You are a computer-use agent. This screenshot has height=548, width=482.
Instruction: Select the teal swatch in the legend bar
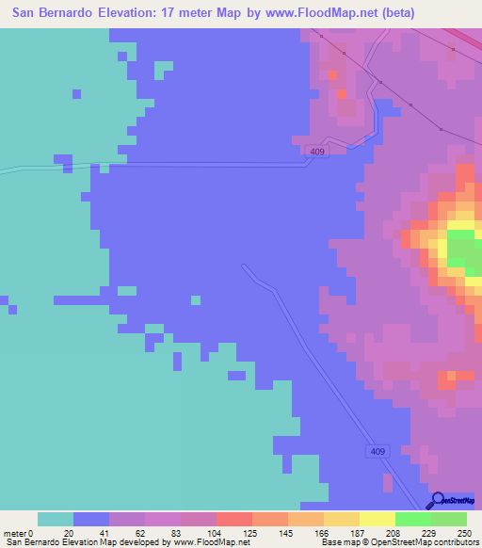(x=56, y=519)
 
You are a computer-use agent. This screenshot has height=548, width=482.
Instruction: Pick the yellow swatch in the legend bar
(x=378, y=519)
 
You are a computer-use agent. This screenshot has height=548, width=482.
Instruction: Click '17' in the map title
(x=170, y=14)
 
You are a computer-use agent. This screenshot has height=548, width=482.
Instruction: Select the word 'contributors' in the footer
(x=457, y=542)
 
